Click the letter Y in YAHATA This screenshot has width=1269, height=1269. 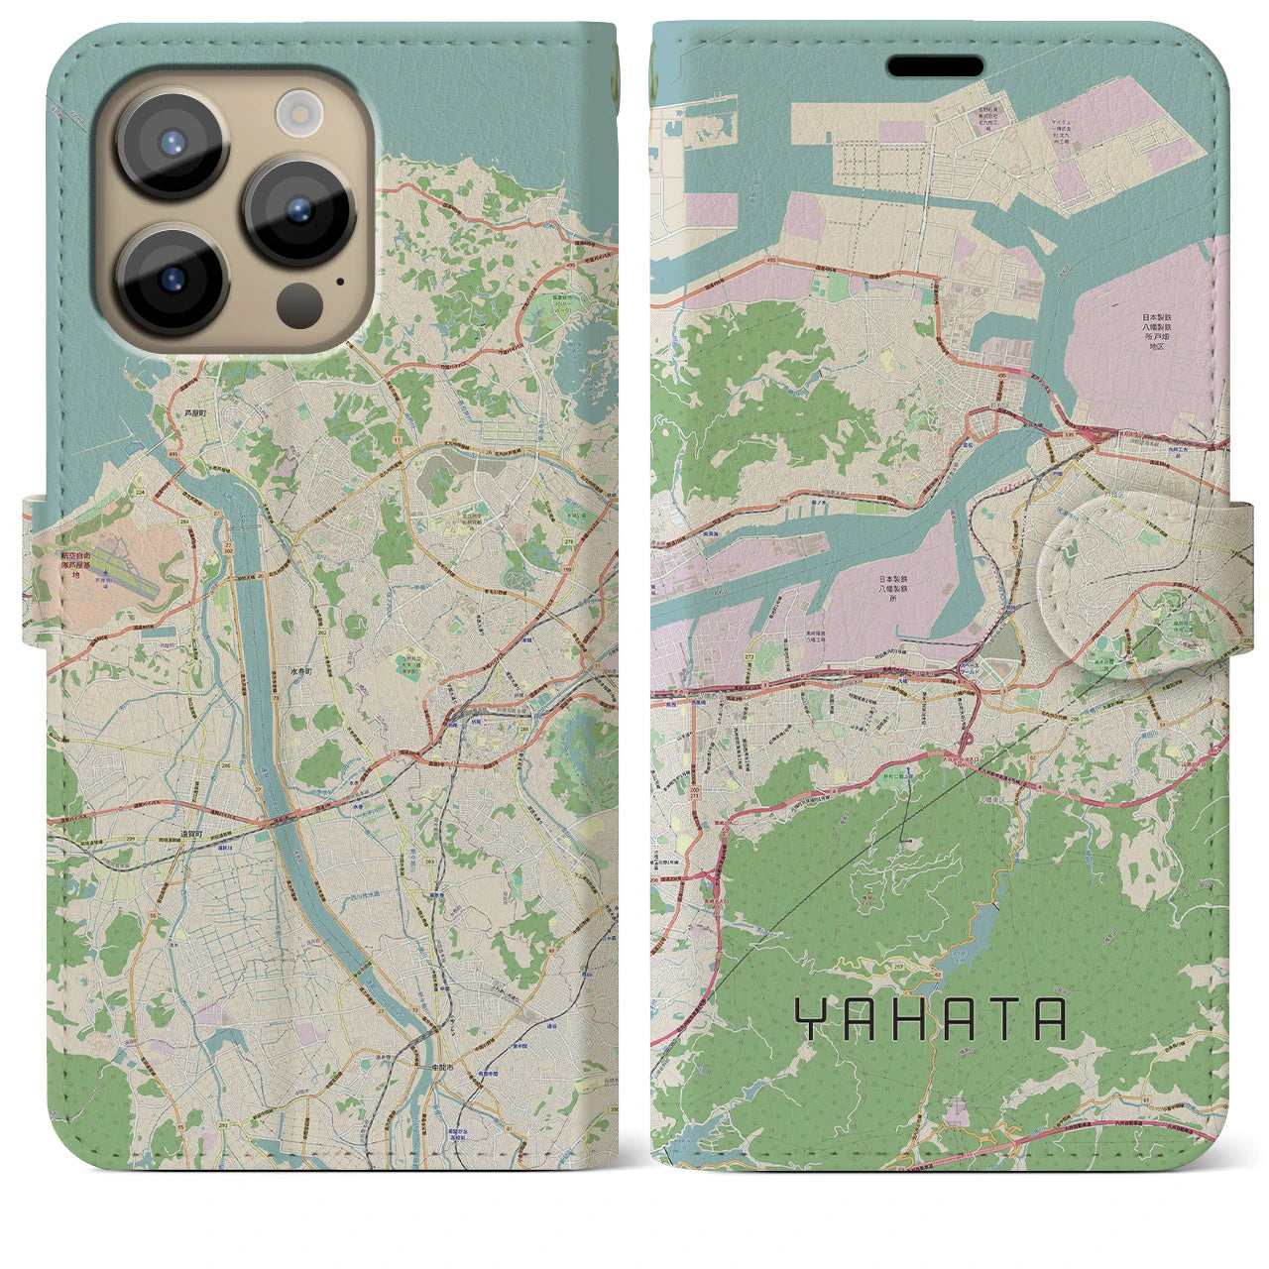809,1019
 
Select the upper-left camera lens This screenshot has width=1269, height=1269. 174,142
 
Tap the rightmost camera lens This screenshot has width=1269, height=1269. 299,211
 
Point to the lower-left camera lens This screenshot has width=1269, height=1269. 174,281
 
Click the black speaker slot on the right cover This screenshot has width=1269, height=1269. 935,66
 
